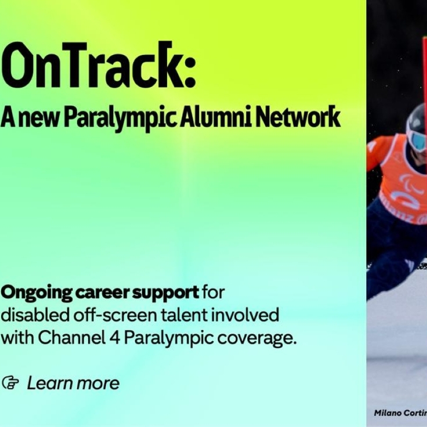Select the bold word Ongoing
36,293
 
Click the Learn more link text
73,383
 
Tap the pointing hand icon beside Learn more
10,383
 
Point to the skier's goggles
418,140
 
